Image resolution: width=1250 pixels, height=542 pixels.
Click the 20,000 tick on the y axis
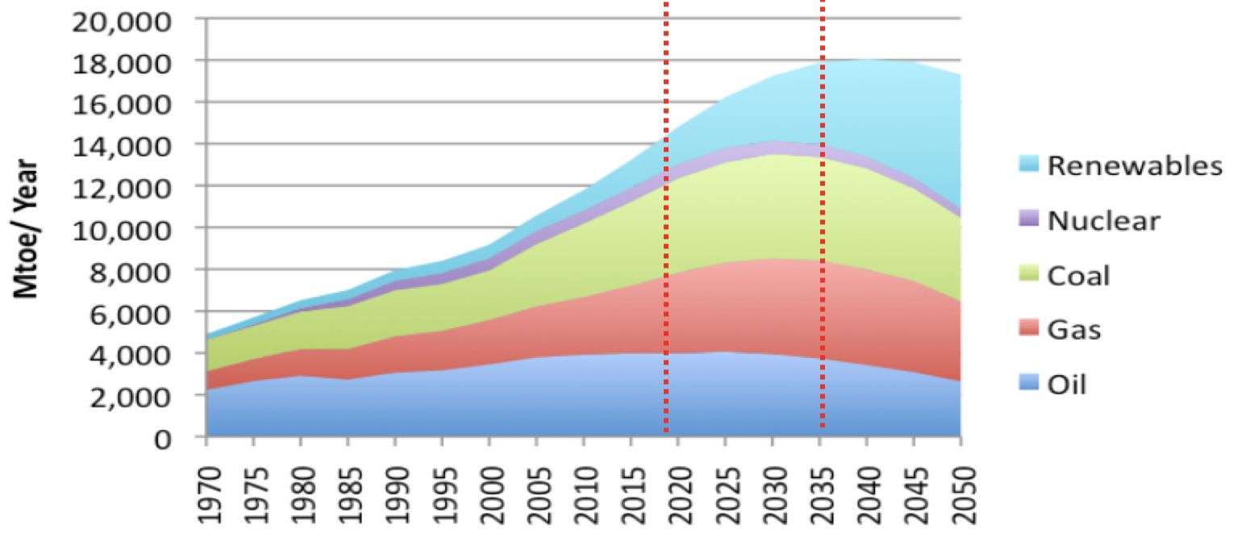click(123, 19)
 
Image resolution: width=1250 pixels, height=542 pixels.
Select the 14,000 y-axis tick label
click(123, 145)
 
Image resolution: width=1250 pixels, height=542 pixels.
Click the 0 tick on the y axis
click(163, 438)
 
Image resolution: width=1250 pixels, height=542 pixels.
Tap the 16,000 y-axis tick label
click(123, 103)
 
